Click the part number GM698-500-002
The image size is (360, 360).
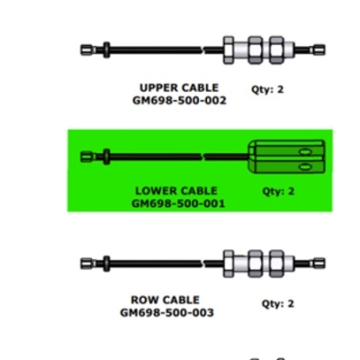point(179,100)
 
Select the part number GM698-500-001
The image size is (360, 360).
point(178,203)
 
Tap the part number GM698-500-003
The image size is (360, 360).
point(166,312)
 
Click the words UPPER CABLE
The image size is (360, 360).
point(179,87)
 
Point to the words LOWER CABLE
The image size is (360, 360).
point(176,191)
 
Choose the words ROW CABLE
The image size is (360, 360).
point(165,300)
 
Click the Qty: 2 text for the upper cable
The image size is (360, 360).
point(267,89)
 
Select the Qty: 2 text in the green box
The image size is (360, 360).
point(278,191)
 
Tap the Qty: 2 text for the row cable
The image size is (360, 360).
point(278,303)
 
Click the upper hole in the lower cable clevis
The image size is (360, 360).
point(305,152)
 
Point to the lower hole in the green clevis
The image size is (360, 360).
point(305,166)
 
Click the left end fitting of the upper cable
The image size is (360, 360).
point(88,49)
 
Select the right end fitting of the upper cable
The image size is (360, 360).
point(319,49)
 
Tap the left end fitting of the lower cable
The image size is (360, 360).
point(88,157)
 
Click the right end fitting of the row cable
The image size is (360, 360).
point(319,264)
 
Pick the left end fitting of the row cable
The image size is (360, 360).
point(88,264)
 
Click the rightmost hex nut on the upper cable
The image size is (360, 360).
point(276,49)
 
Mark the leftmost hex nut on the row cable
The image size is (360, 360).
point(229,264)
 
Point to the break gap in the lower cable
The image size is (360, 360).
point(202,157)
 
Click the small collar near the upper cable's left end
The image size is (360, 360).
point(106,49)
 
